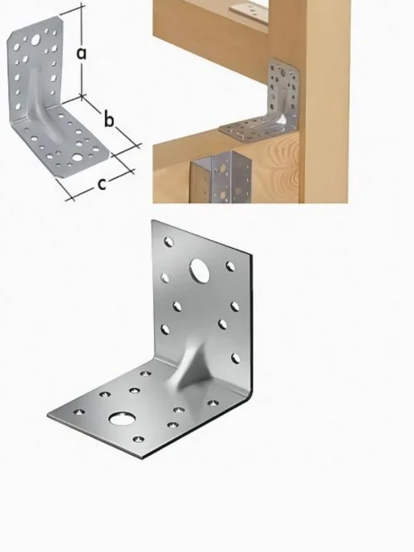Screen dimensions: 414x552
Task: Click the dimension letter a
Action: (x=81, y=54)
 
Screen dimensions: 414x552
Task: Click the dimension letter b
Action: (x=109, y=119)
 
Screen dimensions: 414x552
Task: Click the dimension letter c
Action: (x=101, y=184)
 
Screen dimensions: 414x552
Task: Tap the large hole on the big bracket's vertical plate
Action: (x=200, y=270)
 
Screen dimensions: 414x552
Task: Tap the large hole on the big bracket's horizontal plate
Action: (x=122, y=419)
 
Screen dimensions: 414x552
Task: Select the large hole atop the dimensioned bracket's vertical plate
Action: (x=35, y=40)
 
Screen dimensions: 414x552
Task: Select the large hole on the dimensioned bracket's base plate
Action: (x=77, y=157)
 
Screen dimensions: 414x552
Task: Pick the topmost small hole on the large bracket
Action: (x=169, y=241)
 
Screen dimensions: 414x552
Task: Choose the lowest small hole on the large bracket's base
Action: (x=138, y=440)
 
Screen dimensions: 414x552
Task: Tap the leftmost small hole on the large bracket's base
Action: (x=79, y=411)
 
